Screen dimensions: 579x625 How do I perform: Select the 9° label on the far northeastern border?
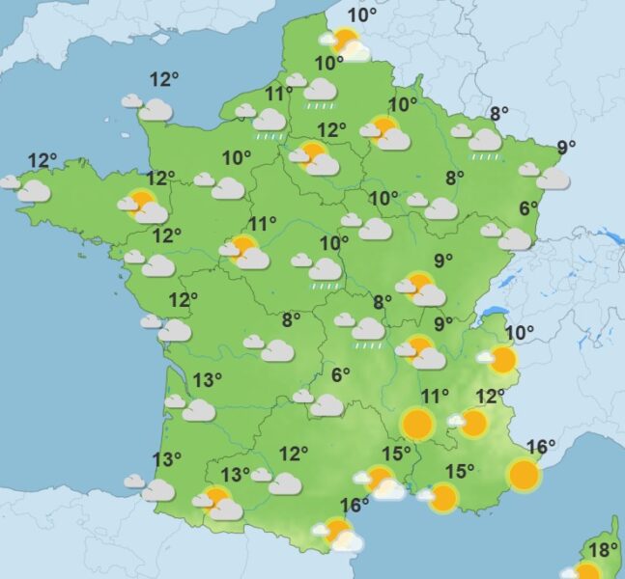coord(566,148)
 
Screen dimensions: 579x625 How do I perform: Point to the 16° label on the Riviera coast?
coord(542,447)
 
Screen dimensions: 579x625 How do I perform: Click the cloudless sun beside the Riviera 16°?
coord(523,474)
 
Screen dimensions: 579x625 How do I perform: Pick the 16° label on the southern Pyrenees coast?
coord(355,505)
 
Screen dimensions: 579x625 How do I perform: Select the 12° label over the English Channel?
coord(165,79)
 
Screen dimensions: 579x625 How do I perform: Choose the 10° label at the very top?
coord(362,14)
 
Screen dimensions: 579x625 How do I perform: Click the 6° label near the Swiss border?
coord(528,207)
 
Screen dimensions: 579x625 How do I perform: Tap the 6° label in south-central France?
coord(340,375)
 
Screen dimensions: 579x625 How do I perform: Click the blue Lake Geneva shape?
coord(494,312)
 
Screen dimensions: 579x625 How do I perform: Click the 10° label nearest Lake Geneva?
coord(520,334)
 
